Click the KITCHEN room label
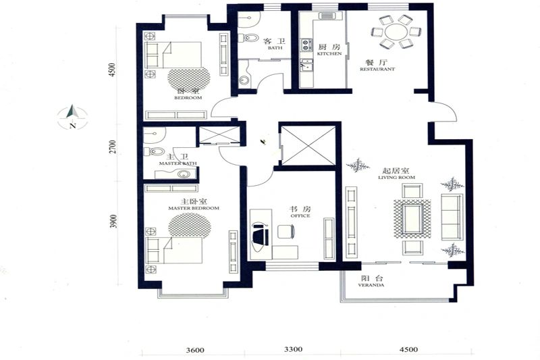pos(329,54)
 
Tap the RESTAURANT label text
pos(377,69)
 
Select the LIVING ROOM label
pos(396,177)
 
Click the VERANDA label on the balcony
pos(371,285)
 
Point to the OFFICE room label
pos(300,215)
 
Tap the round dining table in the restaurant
pos(396,32)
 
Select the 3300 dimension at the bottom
pos(293,349)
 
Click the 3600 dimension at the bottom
pos(195,350)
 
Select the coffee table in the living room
pos(412,219)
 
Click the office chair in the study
pos(285,231)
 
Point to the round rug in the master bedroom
pos(190,226)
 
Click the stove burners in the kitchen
pos(306,45)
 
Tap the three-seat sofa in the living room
pos(452,217)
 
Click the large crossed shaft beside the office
pos(308,145)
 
